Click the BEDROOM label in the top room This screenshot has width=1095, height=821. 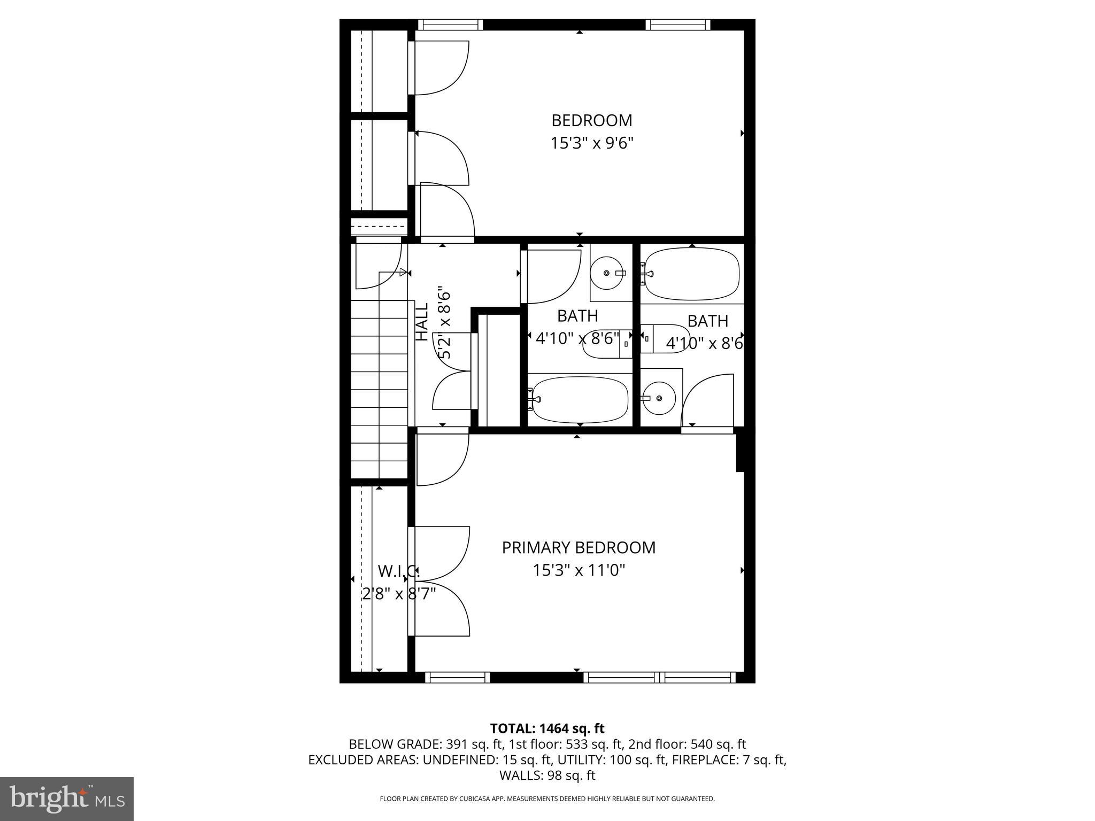click(591, 120)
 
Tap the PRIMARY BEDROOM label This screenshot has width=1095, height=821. click(579, 547)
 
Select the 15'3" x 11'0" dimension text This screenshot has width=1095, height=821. click(579, 570)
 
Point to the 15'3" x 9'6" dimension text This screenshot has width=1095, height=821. click(591, 143)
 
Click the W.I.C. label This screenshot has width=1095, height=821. click(398, 571)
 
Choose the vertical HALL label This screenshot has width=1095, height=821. click(422, 322)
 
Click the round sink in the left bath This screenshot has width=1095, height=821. click(607, 273)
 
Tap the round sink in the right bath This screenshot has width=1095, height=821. click(659, 398)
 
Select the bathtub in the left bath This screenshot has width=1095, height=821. click(580, 399)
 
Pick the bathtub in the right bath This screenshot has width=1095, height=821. click(692, 274)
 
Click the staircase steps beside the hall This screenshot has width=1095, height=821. click(379, 390)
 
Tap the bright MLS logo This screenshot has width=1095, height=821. click(67, 799)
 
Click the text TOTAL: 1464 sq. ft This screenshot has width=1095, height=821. click(547, 728)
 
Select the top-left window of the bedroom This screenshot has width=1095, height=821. click(450, 25)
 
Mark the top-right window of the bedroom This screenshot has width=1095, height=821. click(677, 25)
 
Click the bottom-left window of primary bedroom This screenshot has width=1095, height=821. click(457, 677)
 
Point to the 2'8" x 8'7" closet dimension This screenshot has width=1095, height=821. click(399, 593)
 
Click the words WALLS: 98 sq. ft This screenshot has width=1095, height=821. click(547, 775)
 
